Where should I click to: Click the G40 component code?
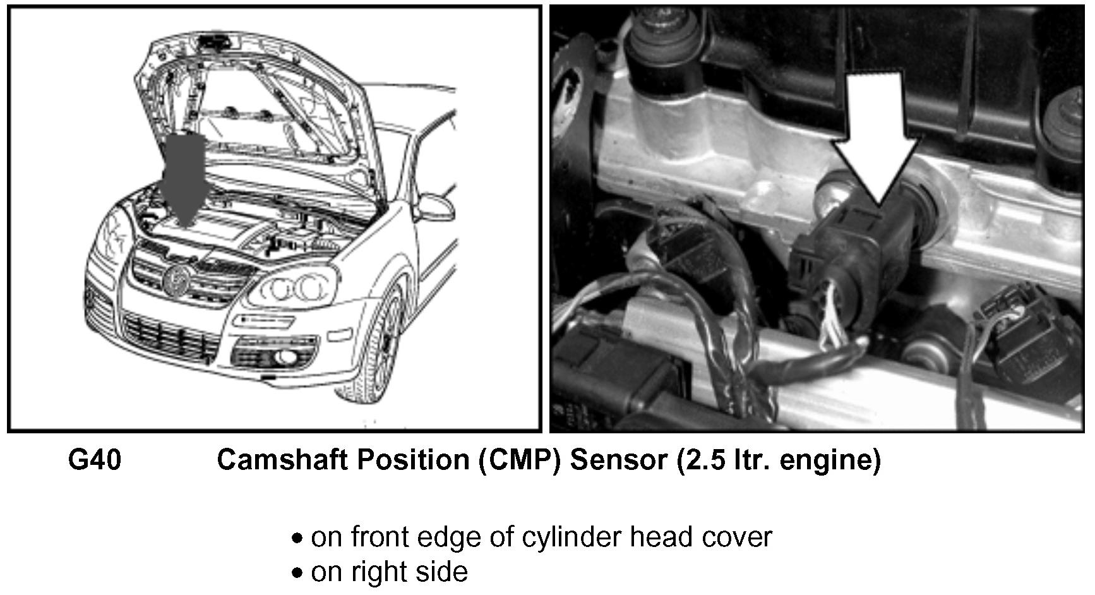pos(95,460)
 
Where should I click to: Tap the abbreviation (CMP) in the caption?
pos(519,460)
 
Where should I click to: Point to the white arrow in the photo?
pos(877,138)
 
